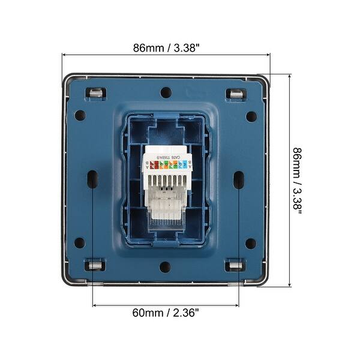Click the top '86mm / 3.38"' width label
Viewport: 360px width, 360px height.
(166, 47)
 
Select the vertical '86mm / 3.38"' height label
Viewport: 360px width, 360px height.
(298, 181)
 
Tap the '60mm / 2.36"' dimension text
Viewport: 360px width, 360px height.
(166, 313)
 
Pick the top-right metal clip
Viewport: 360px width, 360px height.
(235, 94)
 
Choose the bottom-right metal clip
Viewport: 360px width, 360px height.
(235, 265)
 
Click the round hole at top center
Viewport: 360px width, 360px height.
(166, 92)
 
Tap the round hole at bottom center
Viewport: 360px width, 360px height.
(165, 266)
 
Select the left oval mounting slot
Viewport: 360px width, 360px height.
(92, 179)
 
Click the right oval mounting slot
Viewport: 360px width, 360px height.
(239, 179)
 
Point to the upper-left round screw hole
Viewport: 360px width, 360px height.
(80, 115)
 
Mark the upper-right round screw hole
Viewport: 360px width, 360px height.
(251, 116)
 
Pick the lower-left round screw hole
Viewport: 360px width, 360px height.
(80, 243)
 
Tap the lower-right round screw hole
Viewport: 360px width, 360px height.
(251, 243)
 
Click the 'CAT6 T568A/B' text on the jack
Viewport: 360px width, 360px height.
(166, 157)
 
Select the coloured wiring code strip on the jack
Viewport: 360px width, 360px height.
(166, 163)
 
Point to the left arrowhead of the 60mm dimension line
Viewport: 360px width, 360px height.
(95, 305)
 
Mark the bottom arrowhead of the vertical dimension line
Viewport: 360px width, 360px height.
(290, 284)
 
